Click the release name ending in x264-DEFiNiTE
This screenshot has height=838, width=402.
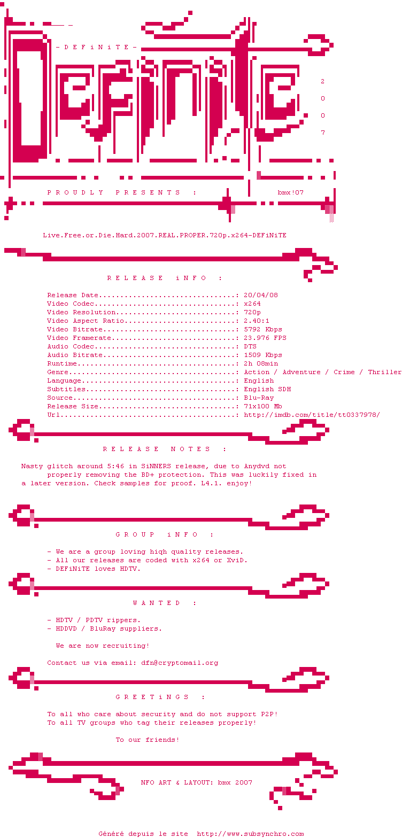pyautogui.click(x=165, y=235)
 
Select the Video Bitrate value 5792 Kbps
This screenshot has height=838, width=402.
pyautogui.click(x=263, y=329)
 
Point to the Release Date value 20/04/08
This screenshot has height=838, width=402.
pyautogui.click(x=261, y=295)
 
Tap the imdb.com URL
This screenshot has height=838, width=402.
pyautogui.click(x=312, y=415)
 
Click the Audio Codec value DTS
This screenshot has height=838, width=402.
pyautogui.click(x=250, y=346)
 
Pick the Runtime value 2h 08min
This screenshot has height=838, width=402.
pyautogui.click(x=261, y=363)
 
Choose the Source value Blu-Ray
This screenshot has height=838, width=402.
pyautogui.click(x=259, y=398)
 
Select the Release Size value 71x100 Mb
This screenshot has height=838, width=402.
pyautogui.click(x=263, y=406)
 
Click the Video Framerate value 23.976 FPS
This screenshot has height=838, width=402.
pyautogui.click(x=265, y=338)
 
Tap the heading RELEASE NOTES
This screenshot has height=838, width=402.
pyautogui.click(x=165, y=449)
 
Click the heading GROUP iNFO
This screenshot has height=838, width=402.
pyautogui.click(x=165, y=534)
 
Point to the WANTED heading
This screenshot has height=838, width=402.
pyautogui.click(x=165, y=603)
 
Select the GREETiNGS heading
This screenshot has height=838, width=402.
pyautogui.click(x=160, y=697)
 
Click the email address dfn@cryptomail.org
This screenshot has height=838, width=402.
pyautogui.click(x=180, y=663)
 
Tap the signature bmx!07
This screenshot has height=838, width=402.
pyautogui.click(x=291, y=192)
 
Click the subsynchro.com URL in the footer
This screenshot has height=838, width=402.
pyautogui.click(x=250, y=834)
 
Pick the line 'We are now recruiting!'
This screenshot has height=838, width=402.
pyautogui.click(x=103, y=646)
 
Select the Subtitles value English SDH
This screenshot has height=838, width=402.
pyautogui.click(x=267, y=389)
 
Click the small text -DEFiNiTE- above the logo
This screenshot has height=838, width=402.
pyautogui.click(x=96, y=47)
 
